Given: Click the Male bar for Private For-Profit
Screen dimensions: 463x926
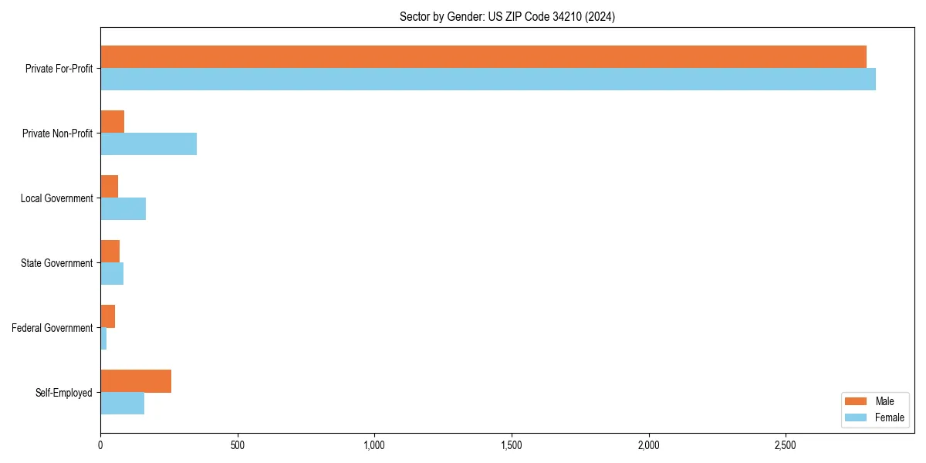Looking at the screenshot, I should (483, 57).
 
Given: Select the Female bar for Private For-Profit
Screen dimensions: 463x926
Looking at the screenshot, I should (488, 79).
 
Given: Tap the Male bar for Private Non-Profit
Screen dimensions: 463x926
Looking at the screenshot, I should (113, 122).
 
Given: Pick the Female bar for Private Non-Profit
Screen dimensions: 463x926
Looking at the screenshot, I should (148, 144).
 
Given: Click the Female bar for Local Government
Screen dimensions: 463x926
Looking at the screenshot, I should (123, 209).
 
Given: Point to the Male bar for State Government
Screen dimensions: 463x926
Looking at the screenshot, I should (110, 252).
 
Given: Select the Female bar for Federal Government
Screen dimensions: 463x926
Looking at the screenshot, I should (103, 339).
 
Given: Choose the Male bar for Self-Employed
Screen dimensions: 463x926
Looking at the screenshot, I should (136, 381).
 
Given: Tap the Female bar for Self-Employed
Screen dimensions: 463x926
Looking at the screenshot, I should (123, 404).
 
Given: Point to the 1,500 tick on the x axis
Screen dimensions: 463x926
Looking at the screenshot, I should (512, 446).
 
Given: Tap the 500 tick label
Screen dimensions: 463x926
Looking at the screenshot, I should (237, 446).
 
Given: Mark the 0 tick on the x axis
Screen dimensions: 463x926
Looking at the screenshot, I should (100, 446).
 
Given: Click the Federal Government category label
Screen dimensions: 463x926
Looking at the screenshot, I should (52, 328).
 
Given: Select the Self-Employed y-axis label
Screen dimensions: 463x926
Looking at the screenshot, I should (64, 393).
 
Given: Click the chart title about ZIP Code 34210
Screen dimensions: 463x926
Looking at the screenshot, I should (507, 16).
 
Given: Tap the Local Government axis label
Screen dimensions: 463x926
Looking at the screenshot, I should (56, 198).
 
